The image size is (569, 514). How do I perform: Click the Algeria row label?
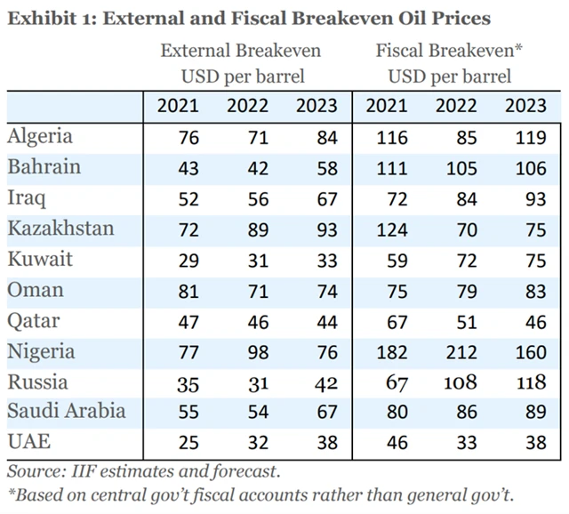40,137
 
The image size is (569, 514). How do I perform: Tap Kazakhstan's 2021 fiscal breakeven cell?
391,229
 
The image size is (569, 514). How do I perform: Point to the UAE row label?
28,442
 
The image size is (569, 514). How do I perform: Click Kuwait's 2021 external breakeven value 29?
188,261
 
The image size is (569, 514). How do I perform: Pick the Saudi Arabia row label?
67,411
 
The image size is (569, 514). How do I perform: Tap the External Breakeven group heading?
241,50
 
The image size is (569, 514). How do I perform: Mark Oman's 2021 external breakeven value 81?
188,291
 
